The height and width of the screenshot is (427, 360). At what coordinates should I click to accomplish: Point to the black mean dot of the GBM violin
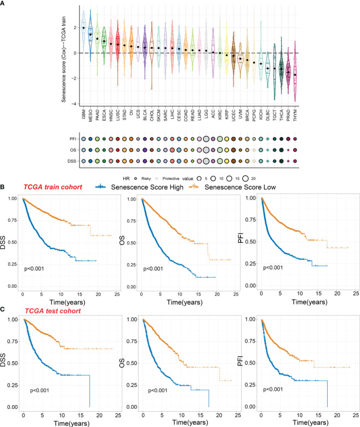[83, 27]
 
